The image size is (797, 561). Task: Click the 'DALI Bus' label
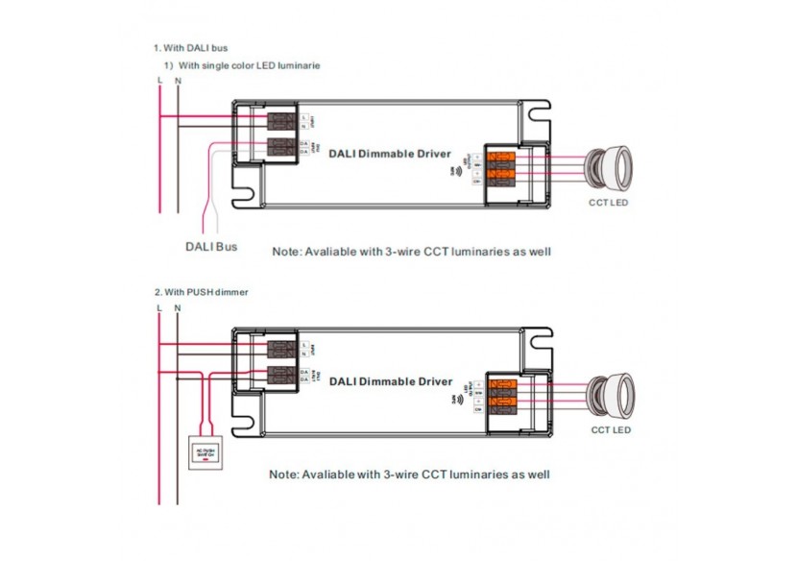coord(210,247)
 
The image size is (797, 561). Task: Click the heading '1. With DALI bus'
coord(190,47)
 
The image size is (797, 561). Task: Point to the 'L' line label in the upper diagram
coord(159,81)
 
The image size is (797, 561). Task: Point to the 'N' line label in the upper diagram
coord(178,81)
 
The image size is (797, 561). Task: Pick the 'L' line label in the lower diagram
coord(159,307)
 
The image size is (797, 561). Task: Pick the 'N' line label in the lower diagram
coord(178,307)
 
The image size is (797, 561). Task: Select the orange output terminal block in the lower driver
coord(500,392)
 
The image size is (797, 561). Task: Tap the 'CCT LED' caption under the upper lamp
coord(609,203)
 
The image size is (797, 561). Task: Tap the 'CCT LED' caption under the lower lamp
coord(610,430)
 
